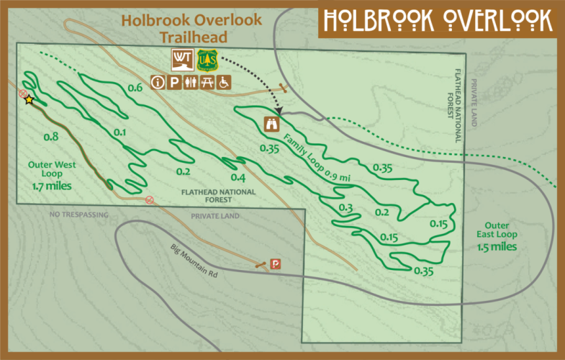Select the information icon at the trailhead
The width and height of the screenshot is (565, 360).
pos(157,83)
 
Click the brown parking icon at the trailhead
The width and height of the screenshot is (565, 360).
pos(174,83)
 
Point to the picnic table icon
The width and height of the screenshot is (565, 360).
pos(208,83)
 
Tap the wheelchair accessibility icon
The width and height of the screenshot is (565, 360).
pos(225,83)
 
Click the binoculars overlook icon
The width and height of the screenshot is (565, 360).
pos(273,123)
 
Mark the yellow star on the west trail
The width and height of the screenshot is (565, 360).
pos(29,100)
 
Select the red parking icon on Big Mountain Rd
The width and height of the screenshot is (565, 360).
pos(275,264)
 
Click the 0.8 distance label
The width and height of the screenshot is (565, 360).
pos(50,137)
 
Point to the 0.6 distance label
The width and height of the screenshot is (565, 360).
pos(134,88)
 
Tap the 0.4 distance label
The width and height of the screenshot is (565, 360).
pos(238,178)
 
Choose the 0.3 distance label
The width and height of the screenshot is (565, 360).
pos(345,208)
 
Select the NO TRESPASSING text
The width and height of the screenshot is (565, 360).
pos(78,215)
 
